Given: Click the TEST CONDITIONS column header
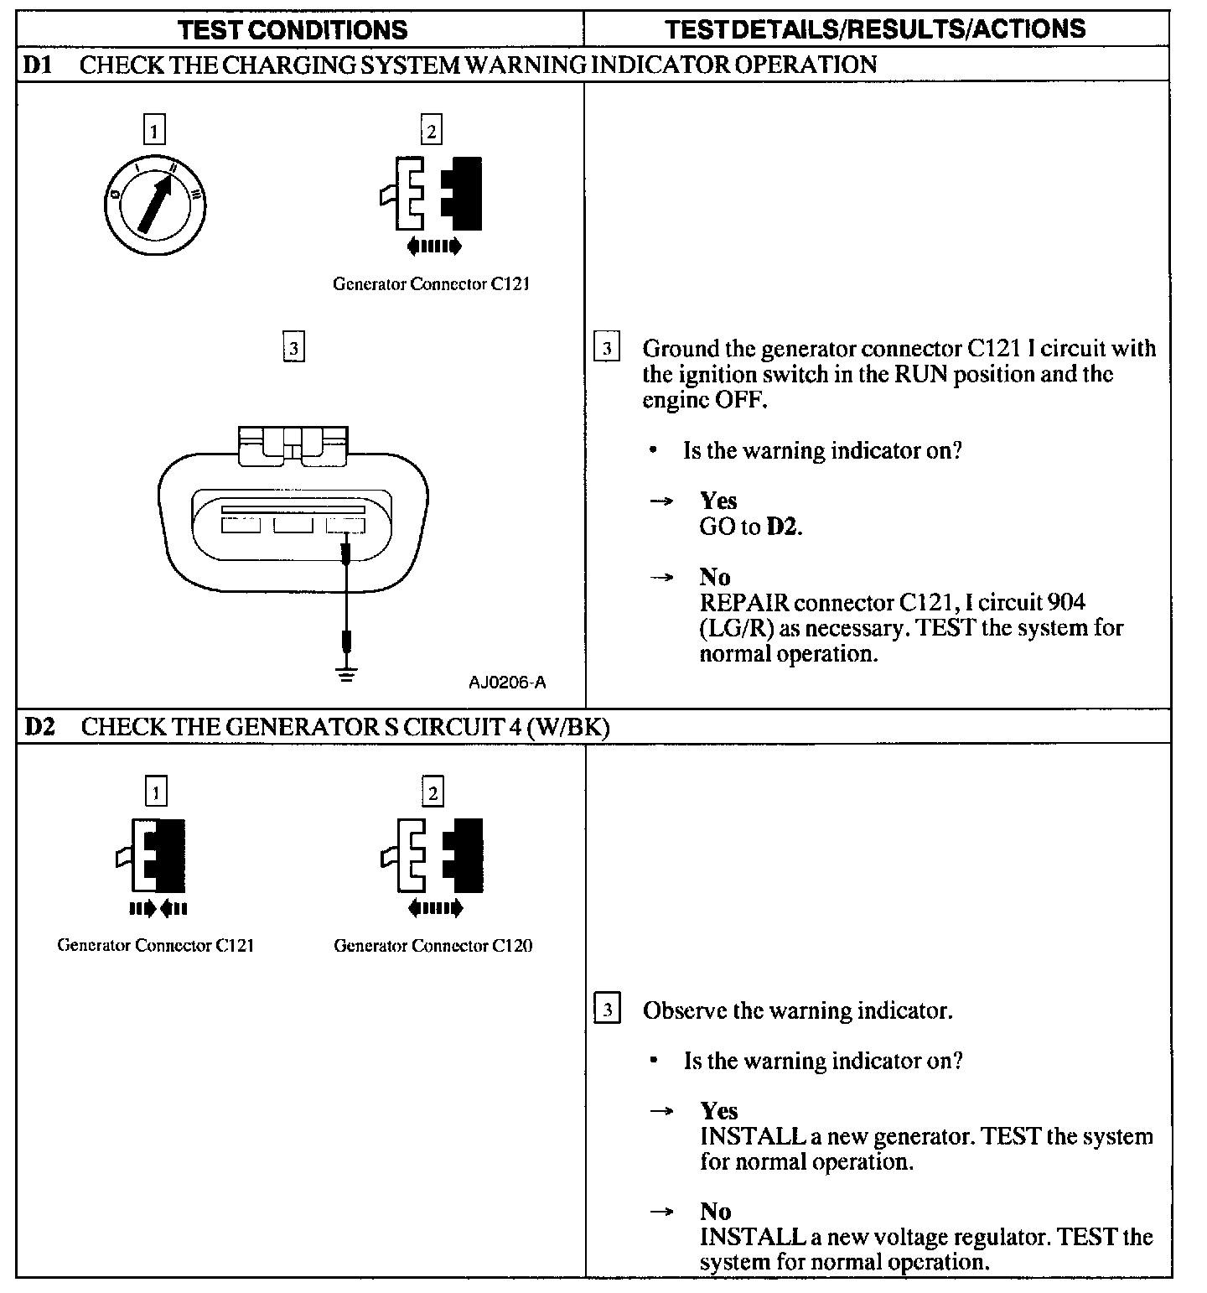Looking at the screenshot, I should [x=293, y=30].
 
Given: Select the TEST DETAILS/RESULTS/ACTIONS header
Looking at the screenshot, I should [x=875, y=29].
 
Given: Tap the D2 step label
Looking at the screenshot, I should [x=39, y=726].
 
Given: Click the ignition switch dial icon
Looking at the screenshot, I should [x=158, y=203].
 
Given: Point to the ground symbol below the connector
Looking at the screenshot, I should [x=346, y=672].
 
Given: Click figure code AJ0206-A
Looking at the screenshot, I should [x=507, y=682].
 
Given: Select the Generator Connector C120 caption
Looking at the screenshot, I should [x=433, y=946].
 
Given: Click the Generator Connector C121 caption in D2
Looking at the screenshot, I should [x=155, y=945].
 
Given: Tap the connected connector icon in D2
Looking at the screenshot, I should [x=156, y=855].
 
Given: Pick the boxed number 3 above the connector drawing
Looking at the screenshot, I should [x=293, y=347].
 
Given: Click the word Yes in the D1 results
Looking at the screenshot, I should [x=718, y=501].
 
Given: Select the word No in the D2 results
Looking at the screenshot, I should [x=716, y=1212].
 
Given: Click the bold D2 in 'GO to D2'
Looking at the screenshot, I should [x=784, y=527].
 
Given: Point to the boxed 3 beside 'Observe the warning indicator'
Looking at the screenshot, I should [x=607, y=1010].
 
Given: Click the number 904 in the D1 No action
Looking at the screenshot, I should [x=1061, y=602].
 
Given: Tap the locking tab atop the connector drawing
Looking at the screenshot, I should [x=293, y=444].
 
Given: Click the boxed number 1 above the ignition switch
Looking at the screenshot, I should [x=154, y=130].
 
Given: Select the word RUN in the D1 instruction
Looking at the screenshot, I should [x=921, y=374].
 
